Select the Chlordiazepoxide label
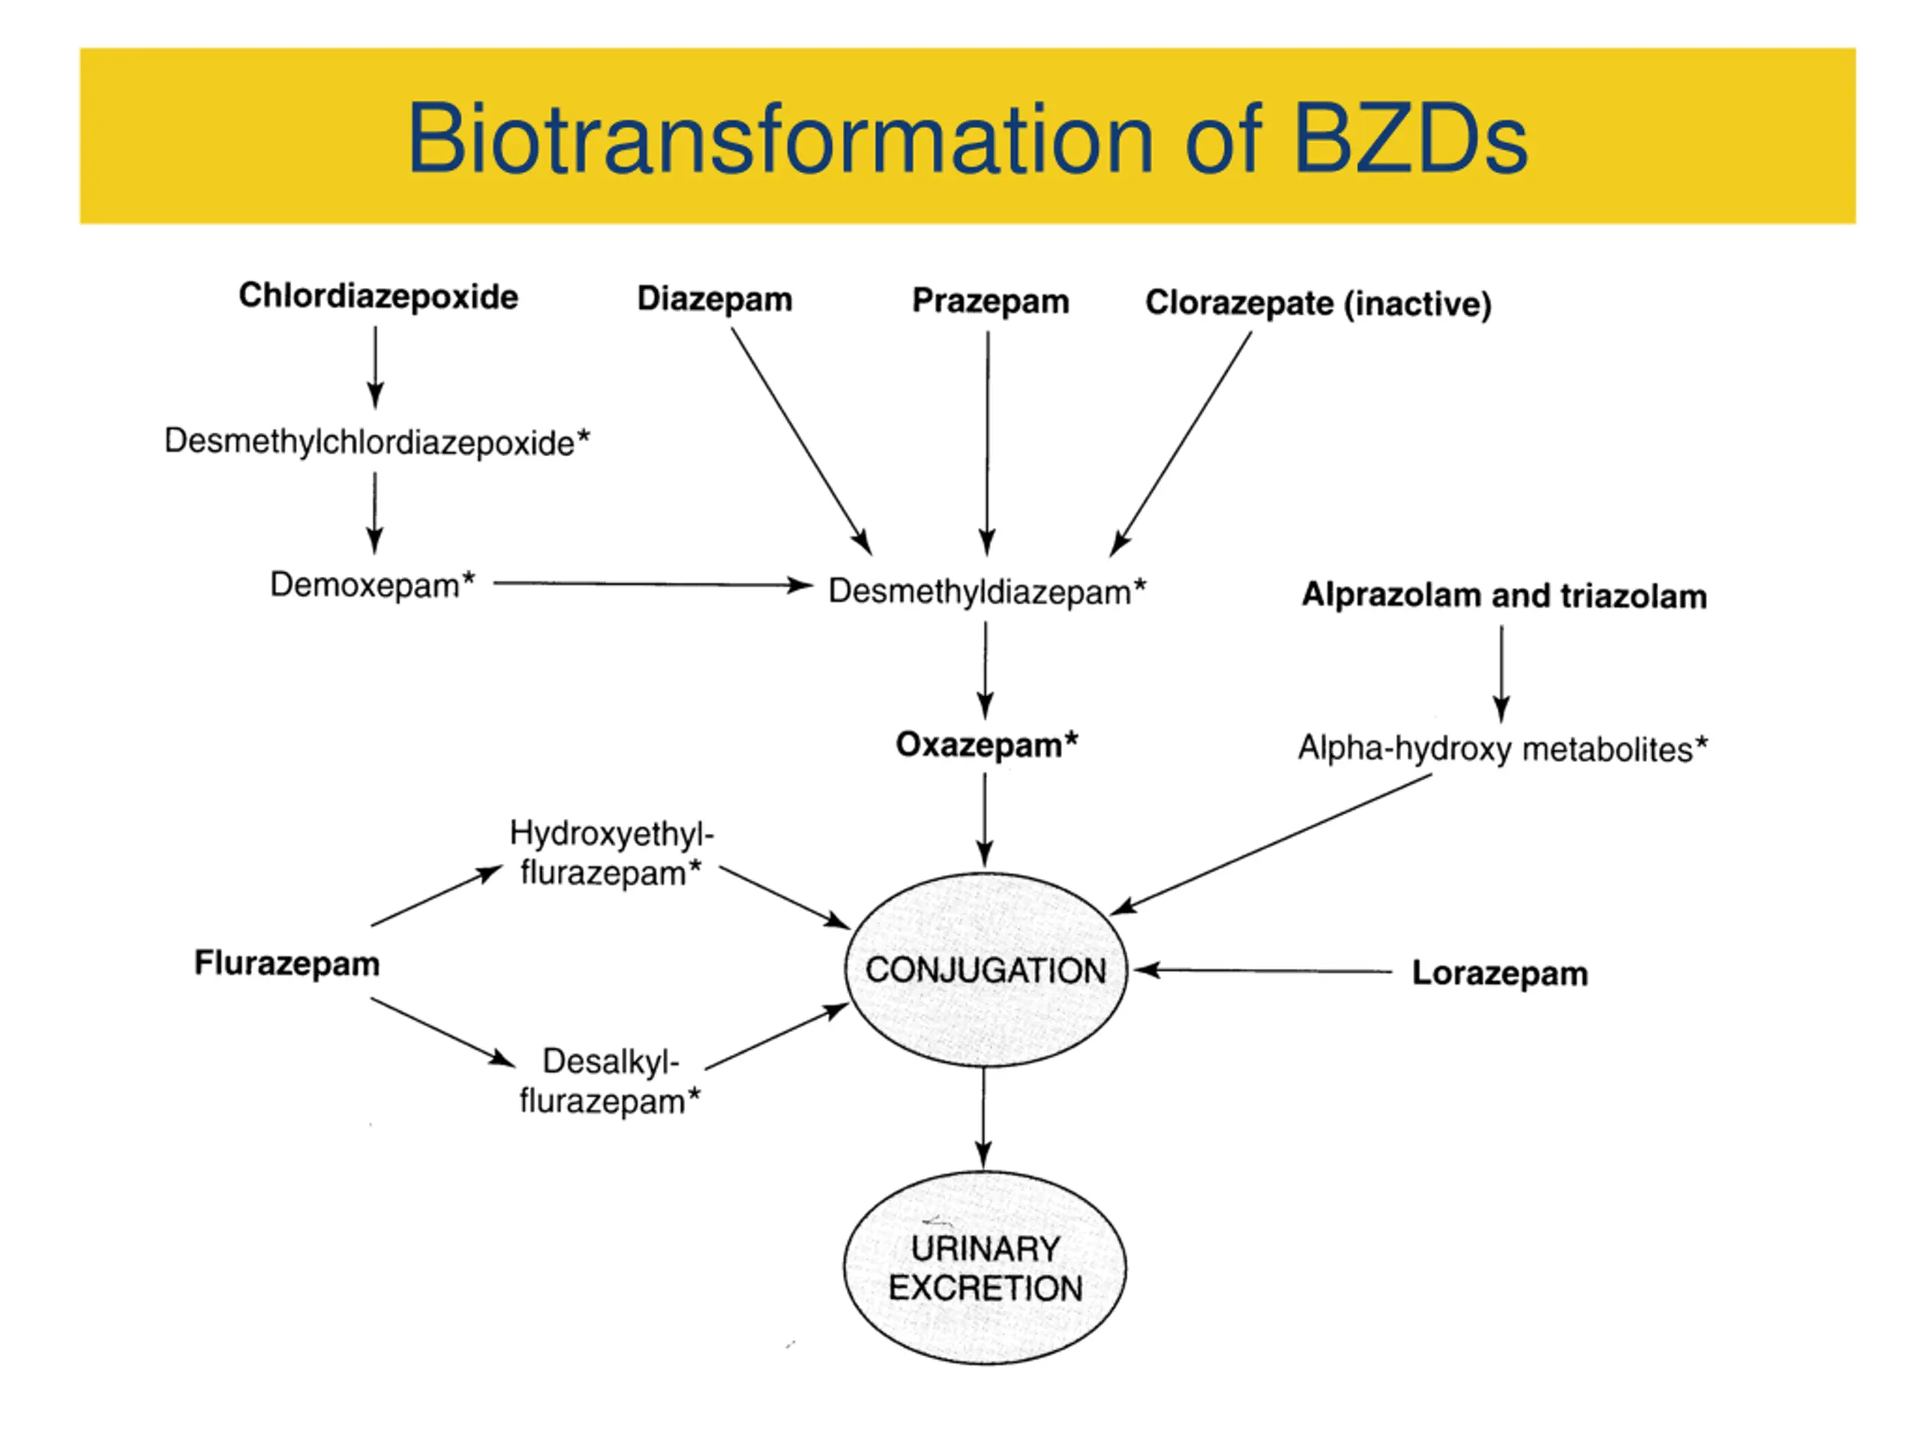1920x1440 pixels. pyautogui.click(x=379, y=296)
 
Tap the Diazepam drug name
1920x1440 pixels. pyautogui.click(x=714, y=298)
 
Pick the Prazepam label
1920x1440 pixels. pyautogui.click(x=991, y=301)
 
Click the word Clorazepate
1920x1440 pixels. pyautogui.click(x=1239, y=303)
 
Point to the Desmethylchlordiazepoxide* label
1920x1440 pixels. pyautogui.click(x=376, y=442)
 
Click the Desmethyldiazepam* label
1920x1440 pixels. pyautogui.click(x=987, y=591)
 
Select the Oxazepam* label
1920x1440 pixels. pyautogui.click(x=986, y=745)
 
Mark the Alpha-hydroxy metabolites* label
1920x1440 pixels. pyautogui.click(x=1502, y=748)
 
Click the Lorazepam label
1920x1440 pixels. pyautogui.click(x=1500, y=973)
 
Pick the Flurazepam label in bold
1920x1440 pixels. pyautogui.click(x=287, y=962)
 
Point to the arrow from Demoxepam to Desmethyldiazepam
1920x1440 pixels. pyautogui.click(x=651, y=584)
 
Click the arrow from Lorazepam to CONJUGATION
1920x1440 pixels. pyautogui.click(x=1263, y=970)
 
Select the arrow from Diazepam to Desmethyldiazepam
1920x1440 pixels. pyautogui.click(x=800, y=440)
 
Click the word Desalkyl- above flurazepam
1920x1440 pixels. pyautogui.click(x=610, y=1060)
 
